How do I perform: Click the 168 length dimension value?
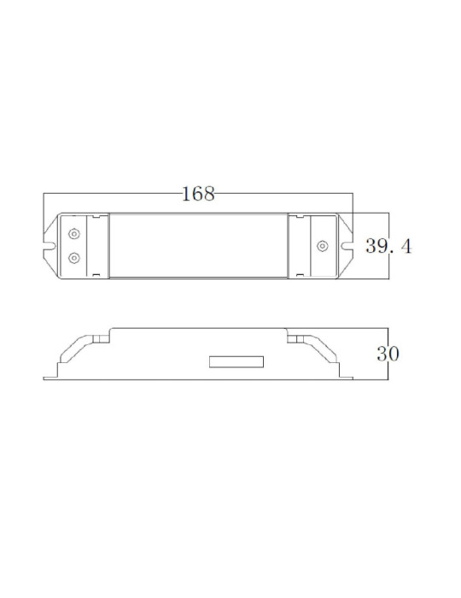[x=198, y=194]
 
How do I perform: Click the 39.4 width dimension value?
[x=389, y=247]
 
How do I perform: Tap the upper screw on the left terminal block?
[x=74, y=234]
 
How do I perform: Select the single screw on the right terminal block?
[x=322, y=246]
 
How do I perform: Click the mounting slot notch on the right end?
[x=348, y=246]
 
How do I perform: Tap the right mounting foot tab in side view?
[x=346, y=374]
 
